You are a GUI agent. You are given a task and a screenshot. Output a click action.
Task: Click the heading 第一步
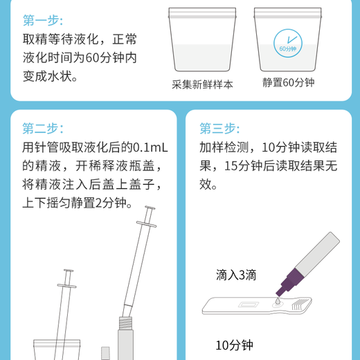42,19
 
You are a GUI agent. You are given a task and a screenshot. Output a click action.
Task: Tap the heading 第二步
42,128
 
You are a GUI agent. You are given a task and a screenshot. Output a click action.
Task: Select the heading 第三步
219,128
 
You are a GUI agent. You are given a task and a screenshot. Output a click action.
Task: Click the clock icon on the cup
287,43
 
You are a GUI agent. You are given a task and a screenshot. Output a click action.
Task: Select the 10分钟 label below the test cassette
235,344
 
